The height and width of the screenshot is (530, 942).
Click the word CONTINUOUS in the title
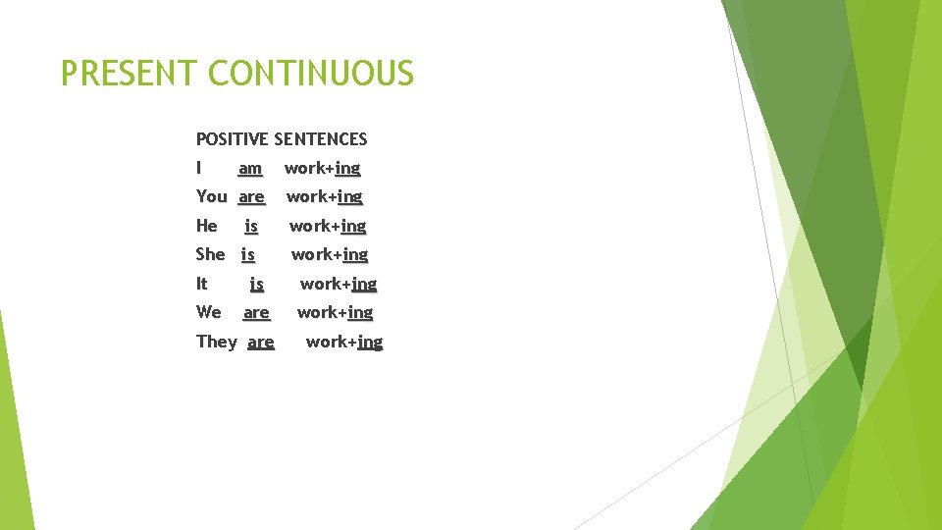(x=311, y=74)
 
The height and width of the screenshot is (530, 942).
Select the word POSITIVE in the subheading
(x=233, y=139)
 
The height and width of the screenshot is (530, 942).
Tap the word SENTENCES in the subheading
(x=321, y=139)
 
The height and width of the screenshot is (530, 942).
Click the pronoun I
(x=199, y=168)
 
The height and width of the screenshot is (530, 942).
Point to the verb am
(x=250, y=169)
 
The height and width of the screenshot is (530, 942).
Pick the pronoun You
(x=212, y=196)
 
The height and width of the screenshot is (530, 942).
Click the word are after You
(x=251, y=197)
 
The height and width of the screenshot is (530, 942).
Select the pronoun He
(x=207, y=226)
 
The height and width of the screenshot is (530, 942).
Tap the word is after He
(x=251, y=226)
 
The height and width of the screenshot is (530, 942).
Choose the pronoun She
(x=211, y=254)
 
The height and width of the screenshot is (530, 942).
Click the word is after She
(x=248, y=254)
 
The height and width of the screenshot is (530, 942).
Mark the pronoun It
(x=202, y=284)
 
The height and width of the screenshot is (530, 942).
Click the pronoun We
(x=209, y=312)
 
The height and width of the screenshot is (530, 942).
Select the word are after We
(x=256, y=313)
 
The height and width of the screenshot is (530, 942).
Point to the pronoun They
(x=217, y=342)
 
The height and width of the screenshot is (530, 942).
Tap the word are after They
(x=261, y=343)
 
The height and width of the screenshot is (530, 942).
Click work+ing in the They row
(x=344, y=342)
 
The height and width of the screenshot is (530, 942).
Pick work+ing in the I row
(x=322, y=168)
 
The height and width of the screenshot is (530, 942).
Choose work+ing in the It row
(x=339, y=284)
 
